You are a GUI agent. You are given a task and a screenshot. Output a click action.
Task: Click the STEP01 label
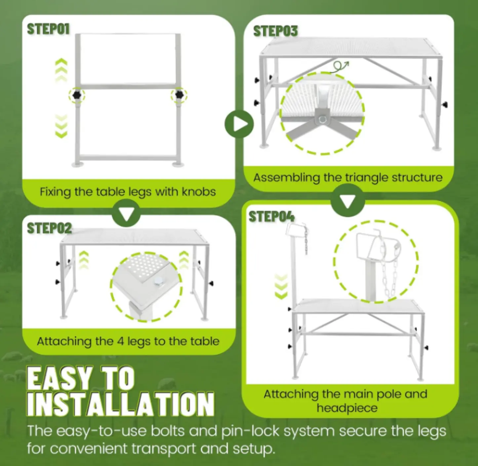(x=48, y=29)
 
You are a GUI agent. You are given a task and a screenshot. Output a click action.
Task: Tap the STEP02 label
(x=49, y=228)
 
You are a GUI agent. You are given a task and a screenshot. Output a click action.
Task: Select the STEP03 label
(x=275, y=31)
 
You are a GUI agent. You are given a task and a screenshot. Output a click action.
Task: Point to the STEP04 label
(x=271, y=217)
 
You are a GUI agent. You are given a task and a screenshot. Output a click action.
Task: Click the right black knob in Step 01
(x=179, y=95)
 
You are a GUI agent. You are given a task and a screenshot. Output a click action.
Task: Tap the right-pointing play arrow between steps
(x=239, y=124)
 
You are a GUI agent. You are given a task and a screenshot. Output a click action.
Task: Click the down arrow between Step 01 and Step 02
(x=126, y=213)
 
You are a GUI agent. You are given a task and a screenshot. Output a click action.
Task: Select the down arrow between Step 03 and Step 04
(x=347, y=200)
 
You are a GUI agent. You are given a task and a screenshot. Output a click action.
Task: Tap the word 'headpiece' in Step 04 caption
(x=347, y=408)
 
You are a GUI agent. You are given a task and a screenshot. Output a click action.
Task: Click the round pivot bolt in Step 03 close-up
(x=323, y=119)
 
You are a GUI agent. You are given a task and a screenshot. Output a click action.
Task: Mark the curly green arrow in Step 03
(x=339, y=66)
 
